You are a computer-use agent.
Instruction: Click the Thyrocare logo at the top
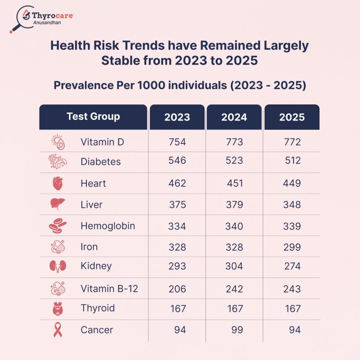coord(41,18)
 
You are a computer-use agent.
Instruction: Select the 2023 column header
coord(177,117)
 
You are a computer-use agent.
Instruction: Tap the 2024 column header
coord(234,117)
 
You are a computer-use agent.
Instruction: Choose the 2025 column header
coord(292,117)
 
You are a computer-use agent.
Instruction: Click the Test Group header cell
coord(93,116)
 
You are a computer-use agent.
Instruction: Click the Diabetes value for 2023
coord(177,160)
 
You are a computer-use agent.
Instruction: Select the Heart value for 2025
coord(292,183)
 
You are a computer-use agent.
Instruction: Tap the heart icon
coord(57,183)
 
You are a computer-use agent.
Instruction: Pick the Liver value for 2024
coord(234,204)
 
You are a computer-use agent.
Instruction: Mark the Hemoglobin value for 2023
coord(177,226)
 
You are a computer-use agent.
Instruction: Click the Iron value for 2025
coord(292,247)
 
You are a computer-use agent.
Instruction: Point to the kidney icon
coord(57,266)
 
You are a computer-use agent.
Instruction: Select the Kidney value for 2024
coord(234,266)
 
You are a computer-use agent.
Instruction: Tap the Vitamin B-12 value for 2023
coord(177,289)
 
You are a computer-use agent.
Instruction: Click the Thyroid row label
coord(97,308)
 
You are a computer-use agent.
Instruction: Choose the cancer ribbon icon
coord(58,330)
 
